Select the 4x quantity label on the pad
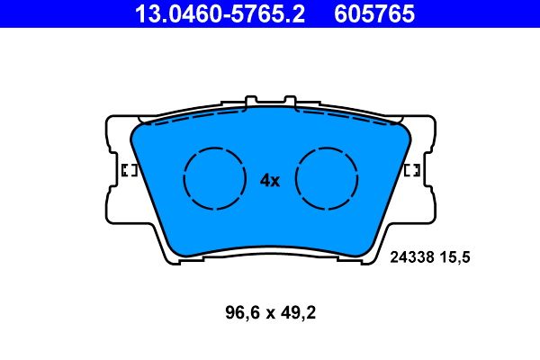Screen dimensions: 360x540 pyautogui.click(x=270, y=180)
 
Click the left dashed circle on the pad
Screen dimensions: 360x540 pyautogui.click(x=214, y=178)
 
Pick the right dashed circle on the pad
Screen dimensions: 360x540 pyautogui.click(x=327, y=178)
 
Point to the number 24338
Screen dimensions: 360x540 pyautogui.click(x=410, y=256)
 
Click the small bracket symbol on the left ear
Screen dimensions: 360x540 pyautogui.click(x=128, y=170)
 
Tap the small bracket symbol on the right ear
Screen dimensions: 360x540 pyautogui.click(x=412, y=170)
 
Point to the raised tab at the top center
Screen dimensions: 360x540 pyautogui.click(x=270, y=102)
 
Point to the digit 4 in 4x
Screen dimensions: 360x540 pyautogui.click(x=265, y=180)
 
